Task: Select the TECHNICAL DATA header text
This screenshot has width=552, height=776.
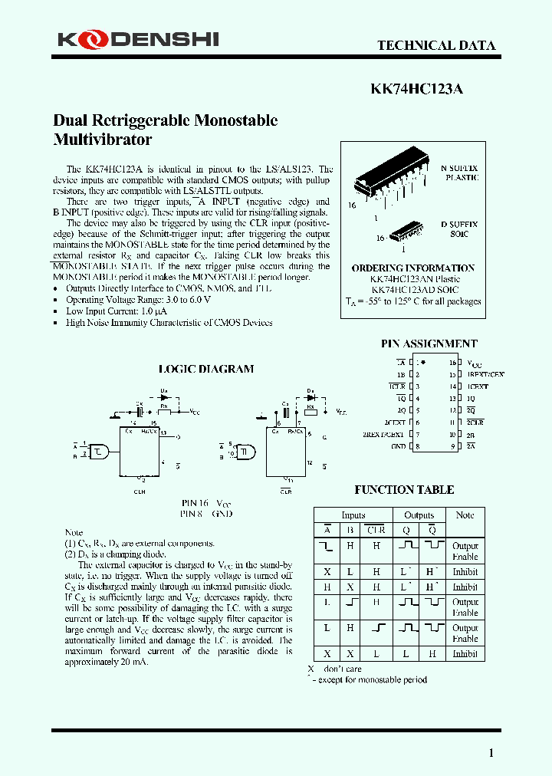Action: (435, 45)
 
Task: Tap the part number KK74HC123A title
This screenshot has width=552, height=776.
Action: (416, 88)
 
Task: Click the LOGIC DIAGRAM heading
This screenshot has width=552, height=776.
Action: (205, 369)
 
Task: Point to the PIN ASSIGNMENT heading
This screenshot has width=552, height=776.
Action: (429, 344)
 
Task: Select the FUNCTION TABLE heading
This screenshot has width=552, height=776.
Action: (403, 489)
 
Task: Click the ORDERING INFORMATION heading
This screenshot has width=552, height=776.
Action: (412, 268)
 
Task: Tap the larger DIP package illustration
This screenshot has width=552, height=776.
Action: (390, 179)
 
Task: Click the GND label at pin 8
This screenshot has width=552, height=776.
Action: (398, 446)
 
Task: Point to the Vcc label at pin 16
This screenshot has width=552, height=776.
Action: (475, 363)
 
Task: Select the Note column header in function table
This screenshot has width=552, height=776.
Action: (465, 515)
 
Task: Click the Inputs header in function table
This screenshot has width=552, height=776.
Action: (353, 515)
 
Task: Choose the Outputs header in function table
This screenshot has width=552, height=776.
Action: (419, 515)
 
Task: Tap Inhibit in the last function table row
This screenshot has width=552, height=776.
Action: (465, 654)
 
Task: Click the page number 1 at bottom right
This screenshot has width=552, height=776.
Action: (491, 753)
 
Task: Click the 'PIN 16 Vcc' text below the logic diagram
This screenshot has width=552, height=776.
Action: (205, 503)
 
